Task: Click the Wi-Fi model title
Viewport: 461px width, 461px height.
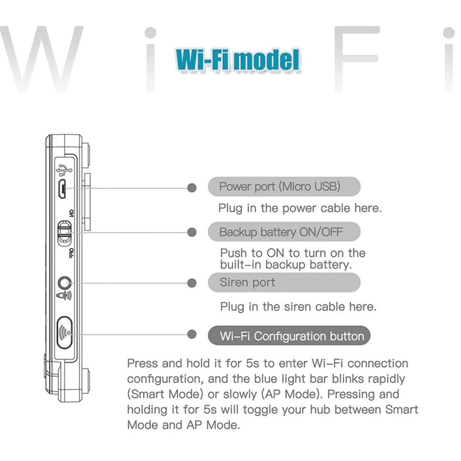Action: point(237,60)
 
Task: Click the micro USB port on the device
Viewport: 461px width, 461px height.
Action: point(62,189)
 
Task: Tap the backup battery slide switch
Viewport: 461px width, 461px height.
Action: point(63,232)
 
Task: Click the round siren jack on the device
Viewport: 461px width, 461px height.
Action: point(63,283)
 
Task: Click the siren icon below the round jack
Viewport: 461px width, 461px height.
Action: point(64,295)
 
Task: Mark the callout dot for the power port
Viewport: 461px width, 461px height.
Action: point(192,188)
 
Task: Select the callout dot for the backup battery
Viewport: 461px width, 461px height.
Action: point(192,232)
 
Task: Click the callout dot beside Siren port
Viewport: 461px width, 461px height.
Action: point(192,283)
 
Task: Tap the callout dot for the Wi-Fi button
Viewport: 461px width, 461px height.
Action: point(192,334)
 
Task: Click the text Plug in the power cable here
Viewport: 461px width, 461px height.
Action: point(300,208)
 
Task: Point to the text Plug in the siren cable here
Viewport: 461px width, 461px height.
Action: point(298,307)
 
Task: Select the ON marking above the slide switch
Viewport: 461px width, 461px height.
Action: point(71,213)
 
